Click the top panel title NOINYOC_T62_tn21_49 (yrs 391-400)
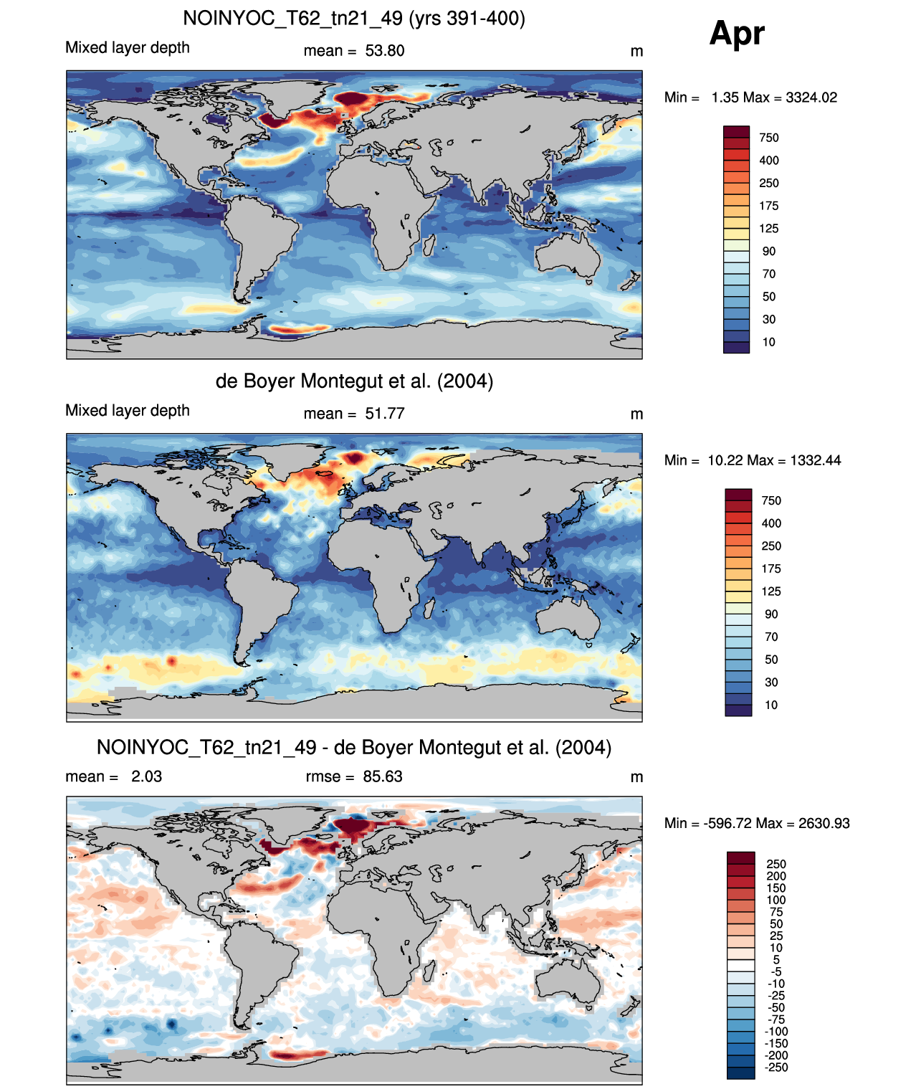(354, 19)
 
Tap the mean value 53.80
(384, 51)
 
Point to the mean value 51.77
(384, 414)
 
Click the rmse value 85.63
(382, 776)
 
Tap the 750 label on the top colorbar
(769, 138)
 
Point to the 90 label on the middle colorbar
(771, 614)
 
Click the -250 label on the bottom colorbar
(776, 1067)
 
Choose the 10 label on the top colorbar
(769, 343)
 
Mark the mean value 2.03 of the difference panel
(146, 776)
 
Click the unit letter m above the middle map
(636, 414)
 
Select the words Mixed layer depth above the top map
(128, 48)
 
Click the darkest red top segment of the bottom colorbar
(740, 858)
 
